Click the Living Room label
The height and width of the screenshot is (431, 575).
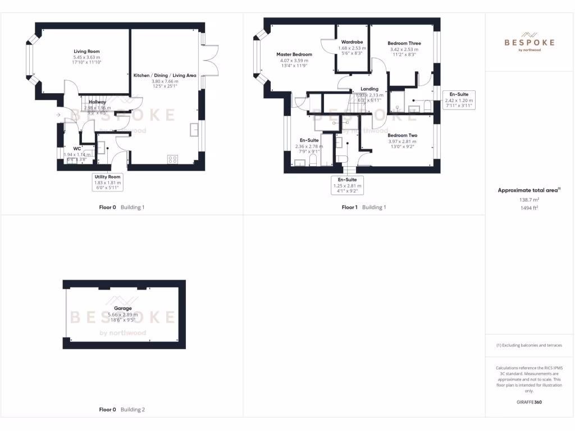coord(86,51)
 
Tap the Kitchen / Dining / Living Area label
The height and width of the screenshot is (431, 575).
coord(165,75)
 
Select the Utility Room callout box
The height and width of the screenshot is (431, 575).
coord(108,183)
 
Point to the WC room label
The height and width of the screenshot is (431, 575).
coord(76,149)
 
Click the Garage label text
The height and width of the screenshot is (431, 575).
coord(122,308)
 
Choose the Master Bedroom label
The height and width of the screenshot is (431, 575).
coord(294,54)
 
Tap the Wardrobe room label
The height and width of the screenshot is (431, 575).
coord(352,42)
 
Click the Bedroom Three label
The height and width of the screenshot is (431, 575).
coord(404,43)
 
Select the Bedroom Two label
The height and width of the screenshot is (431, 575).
coord(403,135)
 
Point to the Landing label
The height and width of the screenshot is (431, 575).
coord(369,89)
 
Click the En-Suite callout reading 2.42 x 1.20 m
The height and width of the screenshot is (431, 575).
coord(459,99)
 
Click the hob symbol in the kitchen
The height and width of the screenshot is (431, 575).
coord(173,160)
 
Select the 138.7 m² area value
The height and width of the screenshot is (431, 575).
coord(529,199)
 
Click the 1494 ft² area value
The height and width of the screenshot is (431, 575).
coord(529,207)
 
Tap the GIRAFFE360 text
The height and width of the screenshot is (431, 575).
coord(529,402)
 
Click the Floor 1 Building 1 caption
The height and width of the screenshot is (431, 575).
coord(364,207)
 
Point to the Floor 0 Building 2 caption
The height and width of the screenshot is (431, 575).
coord(122,410)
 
